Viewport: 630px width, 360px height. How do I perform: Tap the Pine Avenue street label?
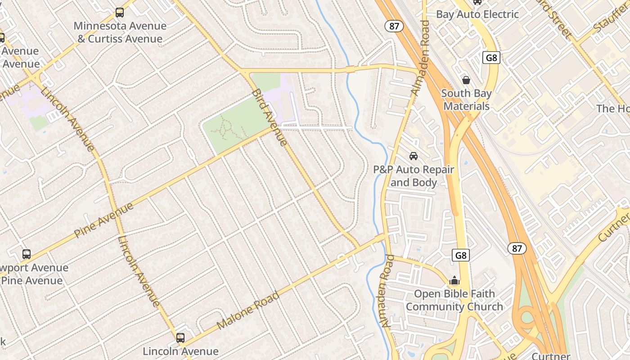pyautogui.click(x=103, y=220)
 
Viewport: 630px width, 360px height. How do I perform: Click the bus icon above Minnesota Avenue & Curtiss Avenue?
pyautogui.click(x=119, y=12)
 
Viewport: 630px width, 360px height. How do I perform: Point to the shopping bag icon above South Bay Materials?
pyautogui.click(x=466, y=80)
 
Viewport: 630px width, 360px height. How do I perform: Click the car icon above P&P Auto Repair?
pyautogui.click(x=413, y=156)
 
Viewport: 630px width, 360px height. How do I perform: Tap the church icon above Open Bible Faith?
pyautogui.click(x=454, y=280)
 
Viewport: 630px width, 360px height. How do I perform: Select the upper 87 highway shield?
pyautogui.click(x=394, y=26)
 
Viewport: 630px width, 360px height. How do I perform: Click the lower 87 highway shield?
pyautogui.click(x=517, y=248)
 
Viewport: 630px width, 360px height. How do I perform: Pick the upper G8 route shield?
pyautogui.click(x=491, y=58)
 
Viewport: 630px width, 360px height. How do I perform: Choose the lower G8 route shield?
pyautogui.click(x=461, y=256)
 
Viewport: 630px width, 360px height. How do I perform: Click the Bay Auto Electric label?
pyautogui.click(x=477, y=14)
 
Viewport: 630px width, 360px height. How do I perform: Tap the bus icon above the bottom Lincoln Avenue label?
pyautogui.click(x=180, y=337)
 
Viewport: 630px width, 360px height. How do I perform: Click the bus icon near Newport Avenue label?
pyautogui.click(x=27, y=254)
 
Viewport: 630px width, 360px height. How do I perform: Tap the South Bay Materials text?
pyautogui.click(x=466, y=100)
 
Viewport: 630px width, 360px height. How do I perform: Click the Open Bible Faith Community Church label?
pyautogui.click(x=454, y=300)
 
